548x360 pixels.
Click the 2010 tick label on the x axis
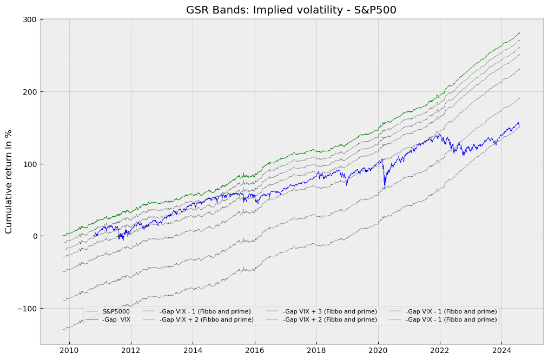(69, 351)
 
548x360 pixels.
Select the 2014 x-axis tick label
(193, 351)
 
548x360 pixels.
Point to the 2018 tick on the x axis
(316, 351)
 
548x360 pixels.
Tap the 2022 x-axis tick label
(440, 351)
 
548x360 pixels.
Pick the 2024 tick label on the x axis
(501, 351)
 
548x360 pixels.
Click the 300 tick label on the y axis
(30, 19)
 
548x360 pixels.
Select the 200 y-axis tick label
(30, 92)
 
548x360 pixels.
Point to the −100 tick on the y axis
(28, 309)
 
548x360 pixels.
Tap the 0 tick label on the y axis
(34, 236)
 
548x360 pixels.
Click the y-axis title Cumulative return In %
(9, 182)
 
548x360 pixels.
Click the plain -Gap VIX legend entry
(116, 320)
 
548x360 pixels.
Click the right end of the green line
(520, 32)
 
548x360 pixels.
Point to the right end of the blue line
(519, 125)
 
